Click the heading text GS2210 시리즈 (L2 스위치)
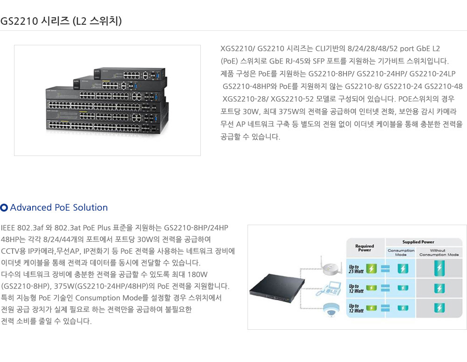click(61, 21)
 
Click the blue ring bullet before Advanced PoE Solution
click(4, 207)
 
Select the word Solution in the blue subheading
click(91, 207)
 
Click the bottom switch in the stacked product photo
click(105, 125)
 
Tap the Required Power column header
click(364, 248)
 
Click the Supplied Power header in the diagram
click(418, 242)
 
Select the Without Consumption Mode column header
click(439, 252)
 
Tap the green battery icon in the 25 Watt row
click(372, 269)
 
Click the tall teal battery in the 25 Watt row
click(439, 268)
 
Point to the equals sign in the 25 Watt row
click(385, 269)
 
